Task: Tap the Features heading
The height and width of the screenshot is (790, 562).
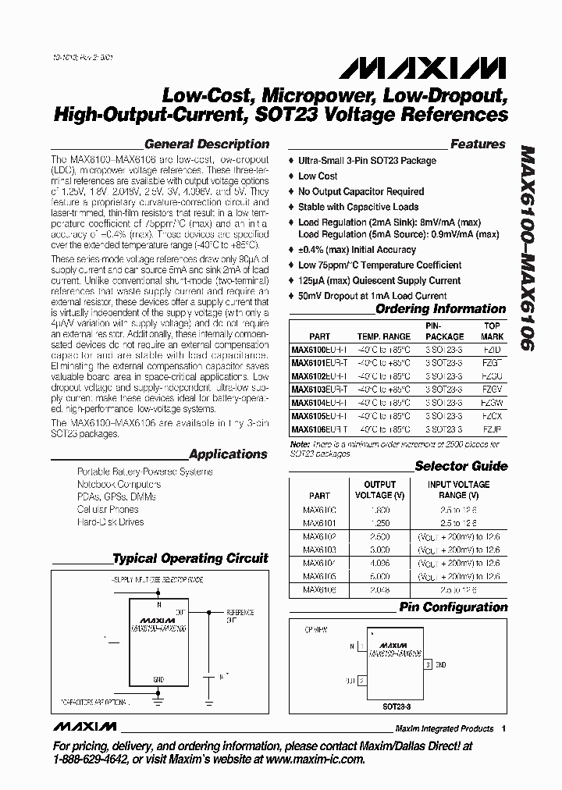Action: point(478,144)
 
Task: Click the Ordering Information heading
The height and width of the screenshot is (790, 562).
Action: point(440,309)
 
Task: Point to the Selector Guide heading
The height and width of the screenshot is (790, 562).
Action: point(461,466)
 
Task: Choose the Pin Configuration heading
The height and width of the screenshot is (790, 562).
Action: point(453,607)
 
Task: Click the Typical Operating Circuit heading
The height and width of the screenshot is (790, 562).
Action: point(190,559)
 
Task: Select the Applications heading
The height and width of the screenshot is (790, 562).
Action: point(228,454)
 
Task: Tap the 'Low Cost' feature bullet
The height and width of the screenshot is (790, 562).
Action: point(318,176)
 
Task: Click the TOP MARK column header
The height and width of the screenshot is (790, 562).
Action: point(492,330)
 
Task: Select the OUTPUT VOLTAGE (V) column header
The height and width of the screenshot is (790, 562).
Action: point(380,489)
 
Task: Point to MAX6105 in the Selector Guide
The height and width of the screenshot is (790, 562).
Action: point(319,576)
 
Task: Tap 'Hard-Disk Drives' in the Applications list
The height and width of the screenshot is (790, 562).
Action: point(110,522)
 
